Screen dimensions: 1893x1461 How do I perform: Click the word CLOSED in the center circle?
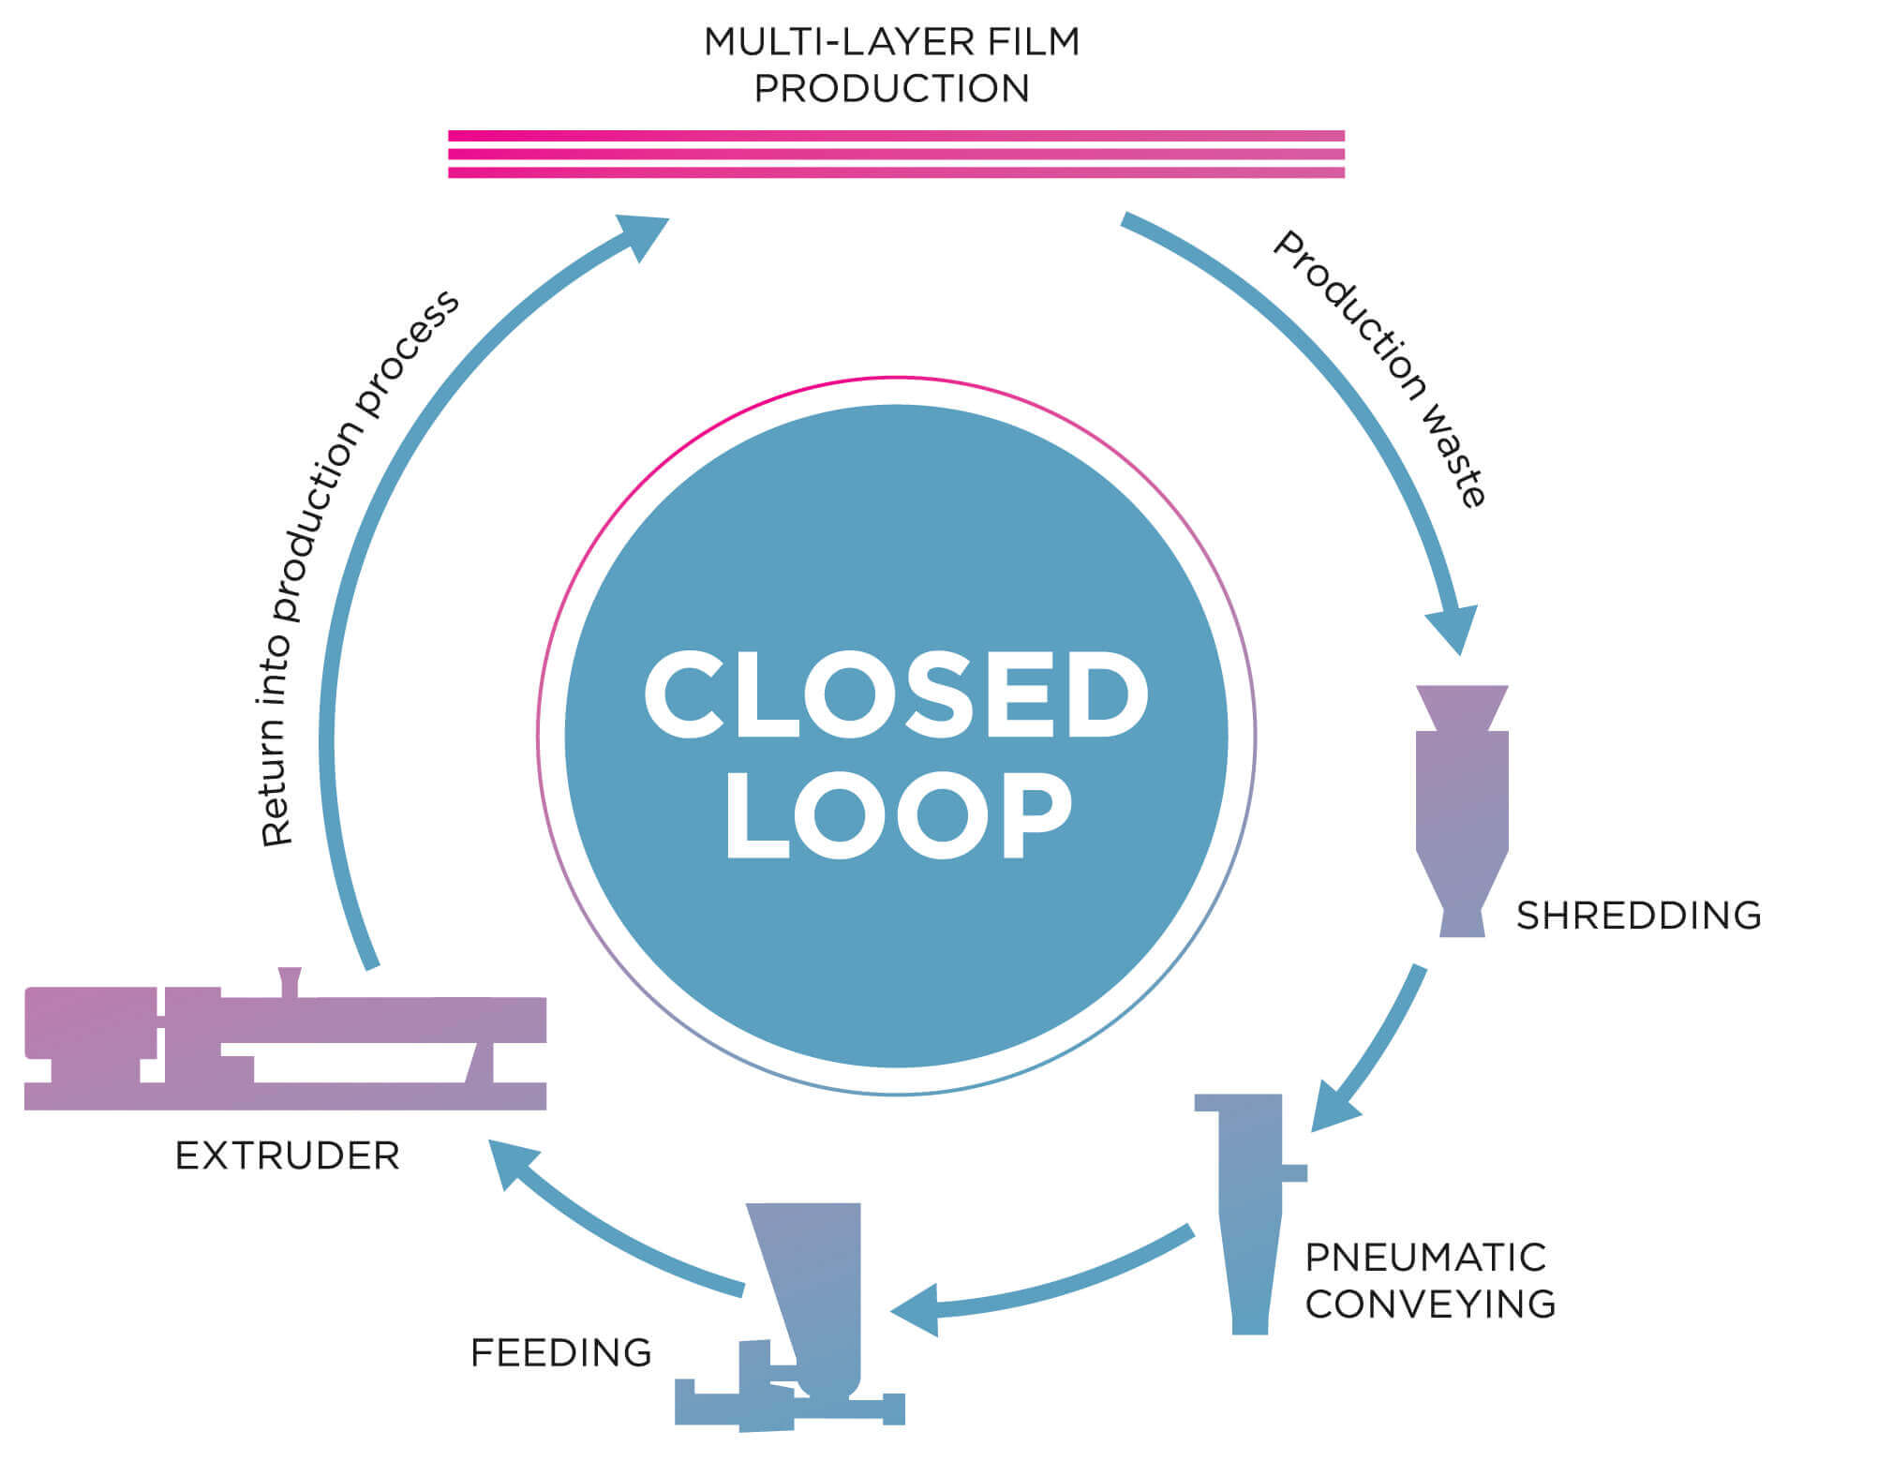[x=896, y=694]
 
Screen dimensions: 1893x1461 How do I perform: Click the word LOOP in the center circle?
[x=898, y=813]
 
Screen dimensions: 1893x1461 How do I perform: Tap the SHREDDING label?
[x=1639, y=916]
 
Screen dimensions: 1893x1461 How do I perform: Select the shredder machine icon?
[x=1462, y=811]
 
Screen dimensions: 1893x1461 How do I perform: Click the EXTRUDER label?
[x=288, y=1156]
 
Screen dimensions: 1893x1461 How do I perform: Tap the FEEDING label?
[x=560, y=1352]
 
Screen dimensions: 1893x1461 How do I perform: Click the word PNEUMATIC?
[x=1425, y=1258]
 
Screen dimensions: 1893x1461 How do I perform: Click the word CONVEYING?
[x=1430, y=1304]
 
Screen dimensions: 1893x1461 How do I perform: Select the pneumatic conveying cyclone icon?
[x=1251, y=1214]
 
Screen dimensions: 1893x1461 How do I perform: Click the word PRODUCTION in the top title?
[x=892, y=88]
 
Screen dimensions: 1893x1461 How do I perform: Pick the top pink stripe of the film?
[x=897, y=136]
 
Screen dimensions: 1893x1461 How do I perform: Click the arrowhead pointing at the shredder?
[x=1453, y=628]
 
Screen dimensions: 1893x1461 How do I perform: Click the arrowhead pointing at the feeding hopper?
[x=917, y=1309]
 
